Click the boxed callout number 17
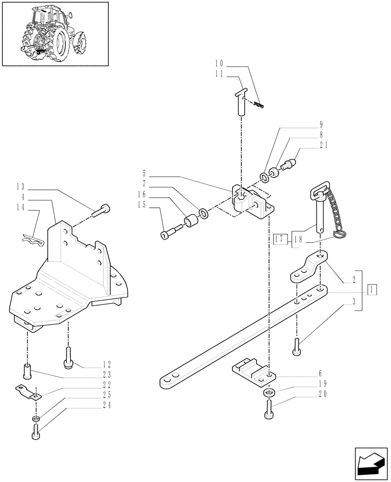click(x=280, y=238)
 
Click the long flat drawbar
click(x=241, y=337)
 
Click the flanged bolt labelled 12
click(x=68, y=358)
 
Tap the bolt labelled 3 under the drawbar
click(x=296, y=346)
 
